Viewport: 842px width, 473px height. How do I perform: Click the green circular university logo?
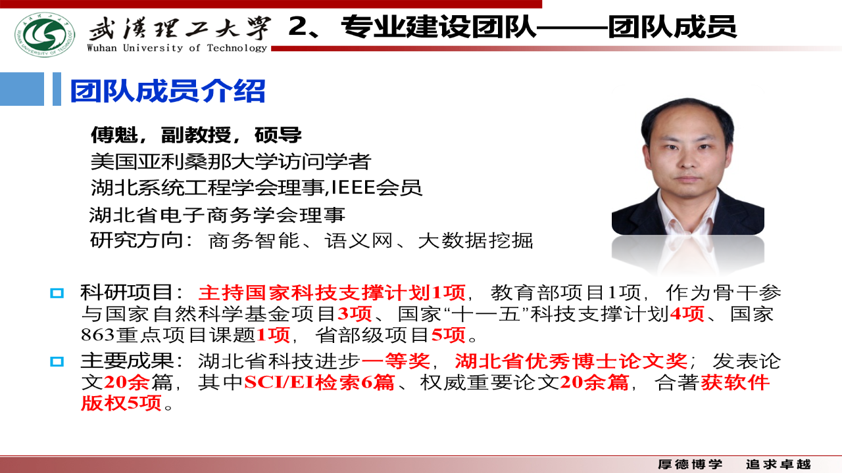[45, 35]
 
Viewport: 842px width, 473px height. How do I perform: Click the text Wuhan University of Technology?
[177, 48]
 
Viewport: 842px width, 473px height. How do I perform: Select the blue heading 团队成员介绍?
[168, 91]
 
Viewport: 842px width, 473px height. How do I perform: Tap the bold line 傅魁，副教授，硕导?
[196, 135]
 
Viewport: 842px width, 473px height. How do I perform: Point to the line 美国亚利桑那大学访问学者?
[231, 162]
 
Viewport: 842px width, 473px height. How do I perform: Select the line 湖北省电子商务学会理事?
[217, 215]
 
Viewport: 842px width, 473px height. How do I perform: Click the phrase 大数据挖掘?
[475, 240]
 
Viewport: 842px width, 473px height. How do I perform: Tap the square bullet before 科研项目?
[57, 293]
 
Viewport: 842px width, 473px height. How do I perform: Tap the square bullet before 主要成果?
[57, 361]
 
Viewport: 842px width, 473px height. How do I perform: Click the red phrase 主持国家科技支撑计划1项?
[332, 292]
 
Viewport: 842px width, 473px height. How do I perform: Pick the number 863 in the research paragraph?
[97, 334]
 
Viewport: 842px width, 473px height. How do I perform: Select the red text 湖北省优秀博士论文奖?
[571, 361]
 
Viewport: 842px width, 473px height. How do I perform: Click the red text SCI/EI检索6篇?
[319, 382]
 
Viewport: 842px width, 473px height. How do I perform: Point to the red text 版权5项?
[121, 403]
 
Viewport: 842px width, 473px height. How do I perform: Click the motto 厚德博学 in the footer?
[690, 464]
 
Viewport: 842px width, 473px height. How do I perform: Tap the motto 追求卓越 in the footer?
[778, 464]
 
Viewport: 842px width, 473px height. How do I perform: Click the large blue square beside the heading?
[22, 89]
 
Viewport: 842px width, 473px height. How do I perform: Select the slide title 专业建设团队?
[439, 26]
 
